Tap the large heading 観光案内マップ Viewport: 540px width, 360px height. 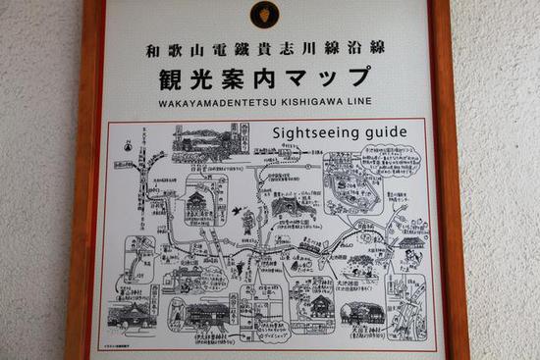[x=263, y=76]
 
